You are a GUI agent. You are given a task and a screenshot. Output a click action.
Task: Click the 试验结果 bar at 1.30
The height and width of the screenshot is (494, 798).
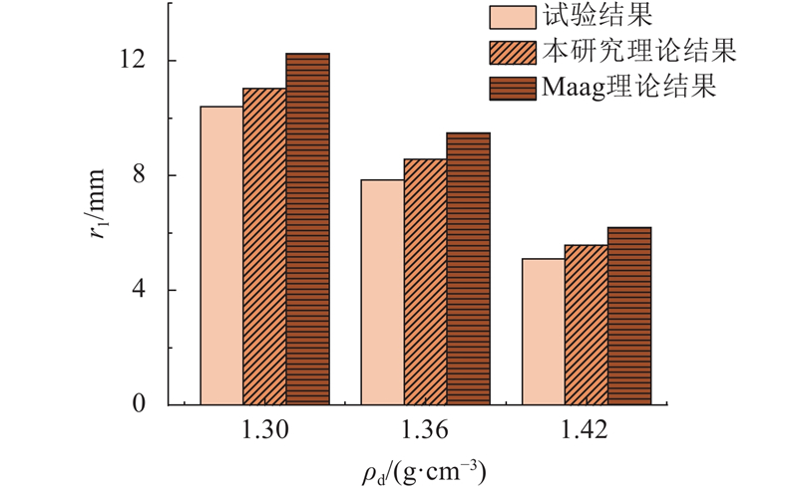[x=221, y=255]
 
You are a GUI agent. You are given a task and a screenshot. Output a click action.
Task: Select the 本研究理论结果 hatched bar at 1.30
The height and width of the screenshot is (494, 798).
[x=264, y=246]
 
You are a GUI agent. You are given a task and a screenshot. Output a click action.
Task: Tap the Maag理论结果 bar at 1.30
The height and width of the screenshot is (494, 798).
[x=307, y=229]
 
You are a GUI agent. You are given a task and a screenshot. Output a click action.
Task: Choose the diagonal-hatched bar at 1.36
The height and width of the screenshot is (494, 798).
[x=425, y=282]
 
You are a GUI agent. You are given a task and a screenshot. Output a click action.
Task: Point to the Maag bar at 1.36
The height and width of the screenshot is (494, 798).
[x=468, y=269]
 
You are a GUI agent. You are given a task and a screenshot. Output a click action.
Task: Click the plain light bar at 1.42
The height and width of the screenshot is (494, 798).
[x=543, y=332]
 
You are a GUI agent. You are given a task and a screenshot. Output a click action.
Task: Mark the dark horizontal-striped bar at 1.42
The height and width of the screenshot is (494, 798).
[x=628, y=316]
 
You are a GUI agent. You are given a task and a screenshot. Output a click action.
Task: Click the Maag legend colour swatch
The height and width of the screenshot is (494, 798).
[x=513, y=87]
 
